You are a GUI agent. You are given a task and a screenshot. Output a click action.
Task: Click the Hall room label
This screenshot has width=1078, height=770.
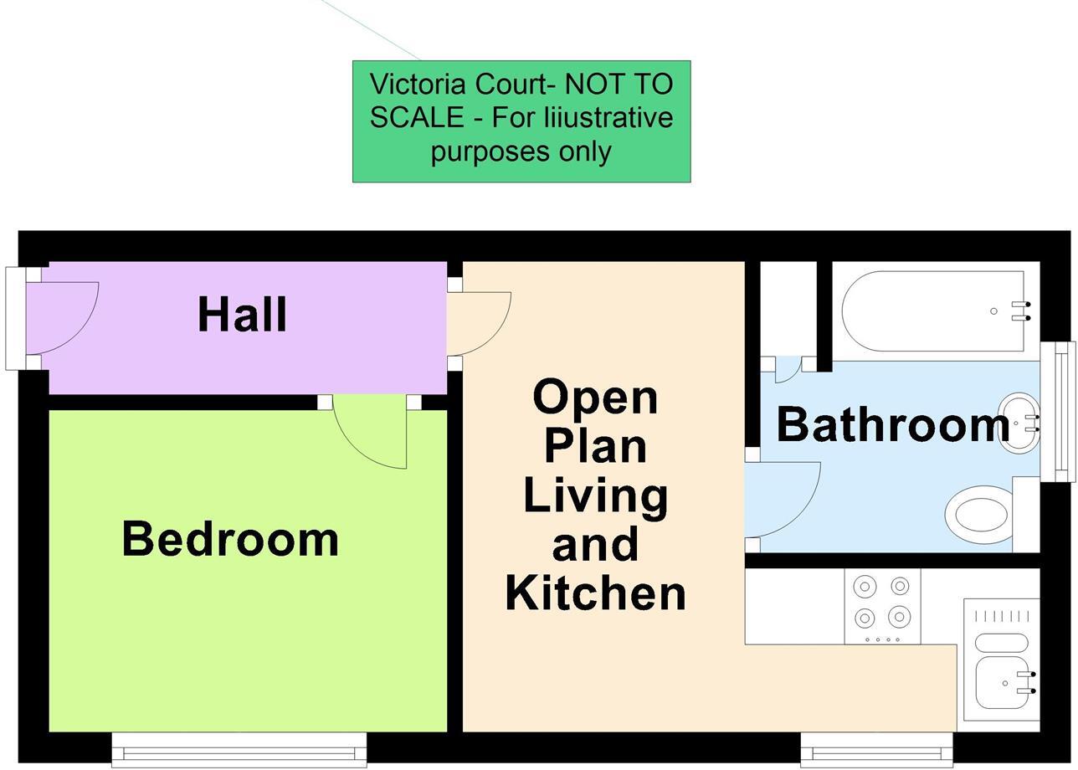pyautogui.click(x=243, y=315)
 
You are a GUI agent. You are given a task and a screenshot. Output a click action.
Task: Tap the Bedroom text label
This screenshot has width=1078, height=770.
pyautogui.click(x=230, y=539)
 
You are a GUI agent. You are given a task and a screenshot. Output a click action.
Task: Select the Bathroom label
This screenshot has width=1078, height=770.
pyautogui.click(x=893, y=424)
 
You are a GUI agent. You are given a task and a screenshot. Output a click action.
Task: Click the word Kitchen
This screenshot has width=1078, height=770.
pyautogui.click(x=595, y=593)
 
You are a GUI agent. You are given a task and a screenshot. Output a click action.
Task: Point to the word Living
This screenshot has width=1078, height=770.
pyautogui.click(x=595, y=495)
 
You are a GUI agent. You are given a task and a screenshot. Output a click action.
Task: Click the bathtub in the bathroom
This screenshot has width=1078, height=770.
pyautogui.click(x=933, y=311)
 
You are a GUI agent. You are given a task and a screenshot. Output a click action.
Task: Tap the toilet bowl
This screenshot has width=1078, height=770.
pyautogui.click(x=979, y=514)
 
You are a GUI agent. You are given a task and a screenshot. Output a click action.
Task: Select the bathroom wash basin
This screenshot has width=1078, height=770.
pyautogui.click(x=1017, y=422)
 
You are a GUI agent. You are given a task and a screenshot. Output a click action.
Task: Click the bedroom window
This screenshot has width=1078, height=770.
pyautogui.click(x=239, y=749)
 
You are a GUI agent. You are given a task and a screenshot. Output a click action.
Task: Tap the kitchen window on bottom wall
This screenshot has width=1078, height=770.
pyautogui.click(x=876, y=749)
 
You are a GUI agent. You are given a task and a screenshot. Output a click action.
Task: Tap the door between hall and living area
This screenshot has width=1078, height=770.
pyautogui.click(x=478, y=322)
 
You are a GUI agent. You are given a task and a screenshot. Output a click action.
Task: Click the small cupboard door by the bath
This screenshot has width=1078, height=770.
pyautogui.click(x=787, y=369)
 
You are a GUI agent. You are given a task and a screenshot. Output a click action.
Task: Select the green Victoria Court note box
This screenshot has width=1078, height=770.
pyautogui.click(x=521, y=121)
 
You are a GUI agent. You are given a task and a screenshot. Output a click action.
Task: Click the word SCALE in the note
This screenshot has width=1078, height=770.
pyautogui.click(x=416, y=117)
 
